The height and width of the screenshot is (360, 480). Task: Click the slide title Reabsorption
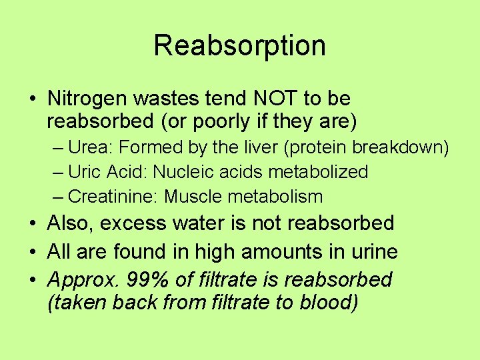[239, 45]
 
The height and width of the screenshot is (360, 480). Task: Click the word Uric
[82, 172]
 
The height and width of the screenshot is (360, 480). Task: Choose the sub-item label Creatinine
[113, 197]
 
